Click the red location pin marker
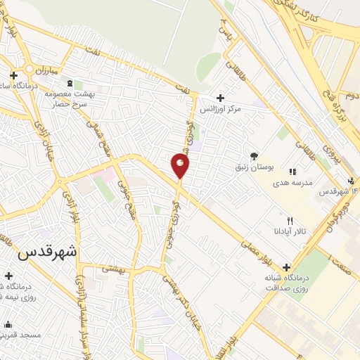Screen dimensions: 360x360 [x=181, y=166]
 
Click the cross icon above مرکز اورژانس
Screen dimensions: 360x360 [x=221, y=98]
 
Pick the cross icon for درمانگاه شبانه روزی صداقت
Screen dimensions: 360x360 [x=286, y=267]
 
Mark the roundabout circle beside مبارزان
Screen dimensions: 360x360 [x=29, y=70]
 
